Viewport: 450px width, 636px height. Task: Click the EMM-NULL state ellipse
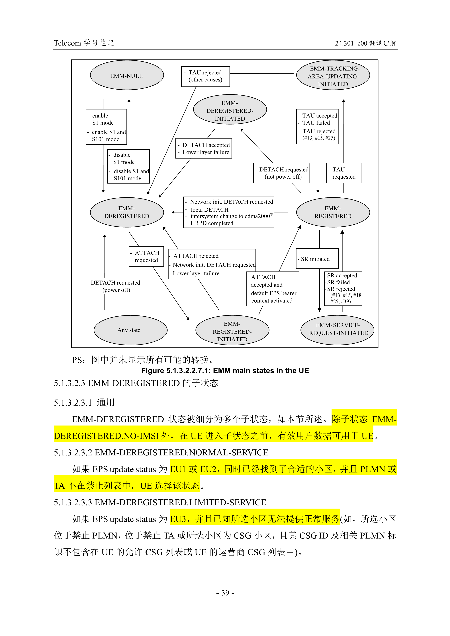pos(127,75)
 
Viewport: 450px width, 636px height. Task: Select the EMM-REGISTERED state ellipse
pos(333,212)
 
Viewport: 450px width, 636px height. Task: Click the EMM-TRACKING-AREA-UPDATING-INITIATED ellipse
pos(333,76)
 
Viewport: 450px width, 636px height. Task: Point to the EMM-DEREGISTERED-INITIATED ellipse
pos(230,110)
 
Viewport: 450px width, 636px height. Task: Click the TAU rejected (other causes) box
pos(205,76)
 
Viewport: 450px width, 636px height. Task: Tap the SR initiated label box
pos(317,259)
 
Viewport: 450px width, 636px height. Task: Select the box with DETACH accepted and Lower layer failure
pos(204,148)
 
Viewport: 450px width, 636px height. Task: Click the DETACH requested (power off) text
pos(116,286)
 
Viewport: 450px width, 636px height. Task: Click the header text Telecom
pos(67,43)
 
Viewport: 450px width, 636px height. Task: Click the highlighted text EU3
pos(178,519)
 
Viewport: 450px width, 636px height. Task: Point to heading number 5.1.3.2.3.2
pos(73,452)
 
